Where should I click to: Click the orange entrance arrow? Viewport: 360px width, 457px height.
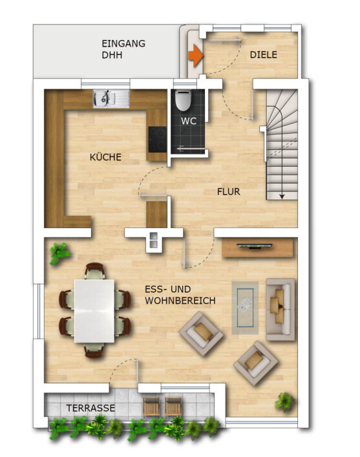[x=196, y=56]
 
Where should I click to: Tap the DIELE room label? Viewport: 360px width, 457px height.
[x=263, y=55]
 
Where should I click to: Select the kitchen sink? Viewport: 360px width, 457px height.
[x=111, y=98]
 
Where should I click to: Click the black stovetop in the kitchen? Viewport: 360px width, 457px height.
[x=158, y=140]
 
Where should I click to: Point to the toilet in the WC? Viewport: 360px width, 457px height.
[x=184, y=100]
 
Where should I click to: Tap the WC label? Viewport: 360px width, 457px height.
[x=189, y=121]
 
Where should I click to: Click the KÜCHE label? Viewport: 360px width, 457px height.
[x=105, y=157]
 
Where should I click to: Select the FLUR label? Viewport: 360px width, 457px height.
[x=229, y=192]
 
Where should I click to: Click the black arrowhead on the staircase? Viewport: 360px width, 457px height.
[x=282, y=197]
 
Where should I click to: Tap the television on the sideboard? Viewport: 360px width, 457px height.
[x=255, y=246]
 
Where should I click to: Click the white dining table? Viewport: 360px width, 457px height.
[x=94, y=311]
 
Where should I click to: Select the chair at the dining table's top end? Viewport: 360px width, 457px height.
[x=95, y=271]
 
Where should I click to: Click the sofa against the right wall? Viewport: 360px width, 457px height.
[x=281, y=310]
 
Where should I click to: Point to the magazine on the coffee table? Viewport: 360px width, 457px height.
[x=245, y=305]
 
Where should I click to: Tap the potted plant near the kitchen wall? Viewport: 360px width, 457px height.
[x=59, y=253]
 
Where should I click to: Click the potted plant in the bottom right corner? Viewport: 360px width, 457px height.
[x=284, y=402]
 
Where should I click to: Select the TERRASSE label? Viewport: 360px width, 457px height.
[x=90, y=408]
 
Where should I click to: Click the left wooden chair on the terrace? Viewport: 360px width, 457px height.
[x=151, y=407]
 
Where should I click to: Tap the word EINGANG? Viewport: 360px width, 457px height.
[x=123, y=44]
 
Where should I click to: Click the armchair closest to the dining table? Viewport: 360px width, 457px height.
[x=201, y=334]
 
